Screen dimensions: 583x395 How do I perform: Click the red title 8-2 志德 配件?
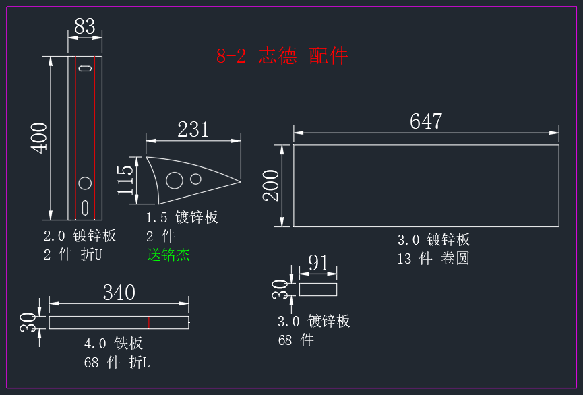tap(282, 56)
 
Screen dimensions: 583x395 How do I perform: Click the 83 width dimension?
tap(85, 26)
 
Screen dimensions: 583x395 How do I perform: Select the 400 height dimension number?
tap(39, 138)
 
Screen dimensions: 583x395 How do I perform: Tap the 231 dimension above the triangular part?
tap(193, 129)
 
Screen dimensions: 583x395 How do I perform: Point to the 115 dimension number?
tap(125, 181)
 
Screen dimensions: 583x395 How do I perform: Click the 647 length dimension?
tap(426, 121)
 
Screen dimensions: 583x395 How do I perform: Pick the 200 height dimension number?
tap(271, 185)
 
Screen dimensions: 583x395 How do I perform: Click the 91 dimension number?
tap(318, 263)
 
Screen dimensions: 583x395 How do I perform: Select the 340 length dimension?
tap(119, 293)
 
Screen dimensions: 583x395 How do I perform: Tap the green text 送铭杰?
tap(168, 255)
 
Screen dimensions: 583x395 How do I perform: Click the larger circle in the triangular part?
tap(175, 181)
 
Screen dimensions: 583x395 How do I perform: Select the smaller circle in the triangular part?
tap(195, 179)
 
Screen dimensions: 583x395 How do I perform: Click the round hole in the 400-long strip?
tap(85, 183)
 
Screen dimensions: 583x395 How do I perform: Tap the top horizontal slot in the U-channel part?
tap(85, 68)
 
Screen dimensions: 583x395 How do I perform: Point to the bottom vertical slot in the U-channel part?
tap(85, 208)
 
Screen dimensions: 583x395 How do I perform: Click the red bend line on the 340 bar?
tap(149, 322)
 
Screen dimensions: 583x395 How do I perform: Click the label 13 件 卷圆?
tap(433, 258)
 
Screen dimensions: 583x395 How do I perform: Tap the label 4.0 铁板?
tap(113, 344)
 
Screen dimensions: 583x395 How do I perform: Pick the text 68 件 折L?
tap(117, 362)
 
